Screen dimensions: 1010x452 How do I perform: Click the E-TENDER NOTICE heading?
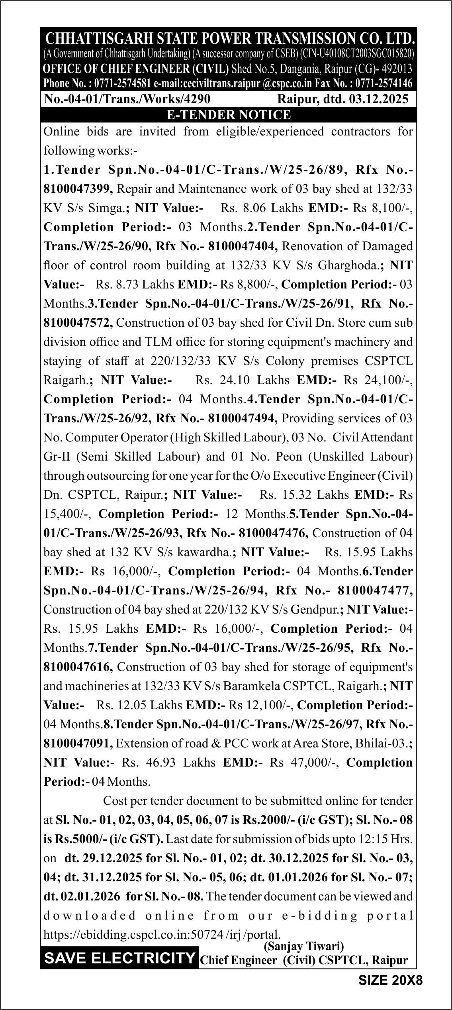(229, 115)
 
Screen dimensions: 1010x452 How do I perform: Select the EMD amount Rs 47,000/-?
(304, 763)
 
